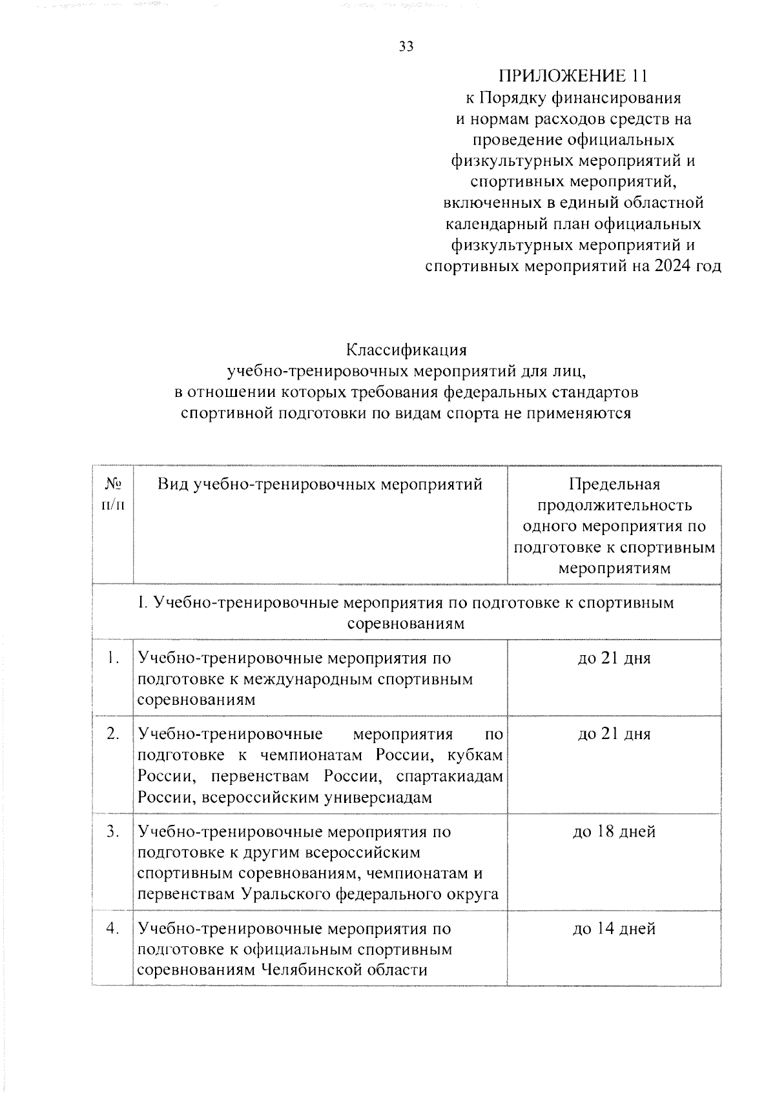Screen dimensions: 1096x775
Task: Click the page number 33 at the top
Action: [x=406, y=46]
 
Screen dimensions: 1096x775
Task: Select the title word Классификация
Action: [x=406, y=350]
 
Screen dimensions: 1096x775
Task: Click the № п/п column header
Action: [x=113, y=494]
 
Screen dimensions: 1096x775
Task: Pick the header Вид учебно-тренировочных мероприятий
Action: [x=320, y=484]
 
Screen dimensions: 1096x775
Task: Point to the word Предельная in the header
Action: [x=614, y=484]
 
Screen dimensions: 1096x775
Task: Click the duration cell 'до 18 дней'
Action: [x=614, y=831]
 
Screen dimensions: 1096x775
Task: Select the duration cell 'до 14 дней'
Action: [x=614, y=928]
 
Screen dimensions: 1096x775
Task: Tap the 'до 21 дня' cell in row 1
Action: [x=614, y=658]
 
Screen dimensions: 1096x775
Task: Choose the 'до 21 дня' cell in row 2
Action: [x=614, y=734]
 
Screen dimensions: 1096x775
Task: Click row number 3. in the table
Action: [x=114, y=831]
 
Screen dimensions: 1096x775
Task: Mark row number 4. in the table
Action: [x=114, y=928]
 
